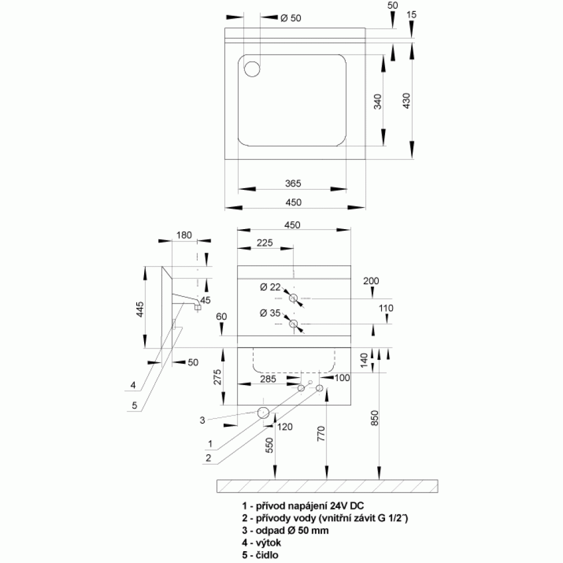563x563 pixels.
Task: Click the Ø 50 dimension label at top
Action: (x=291, y=18)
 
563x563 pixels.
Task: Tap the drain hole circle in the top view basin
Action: (x=252, y=68)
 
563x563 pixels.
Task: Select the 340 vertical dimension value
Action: (x=378, y=101)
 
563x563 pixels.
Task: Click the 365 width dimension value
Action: (x=293, y=183)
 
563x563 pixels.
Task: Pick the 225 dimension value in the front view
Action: (x=264, y=243)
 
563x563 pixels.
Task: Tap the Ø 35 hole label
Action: (x=270, y=313)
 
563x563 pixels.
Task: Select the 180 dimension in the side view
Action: (x=184, y=235)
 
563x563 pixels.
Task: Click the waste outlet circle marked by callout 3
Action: (x=262, y=413)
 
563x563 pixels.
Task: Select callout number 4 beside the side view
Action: (x=133, y=386)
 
